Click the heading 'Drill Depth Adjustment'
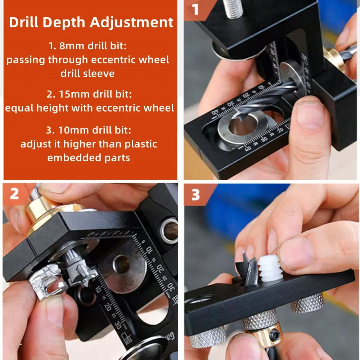pos(91,22)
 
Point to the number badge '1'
pos(195,10)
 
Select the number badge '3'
pos(195,195)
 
